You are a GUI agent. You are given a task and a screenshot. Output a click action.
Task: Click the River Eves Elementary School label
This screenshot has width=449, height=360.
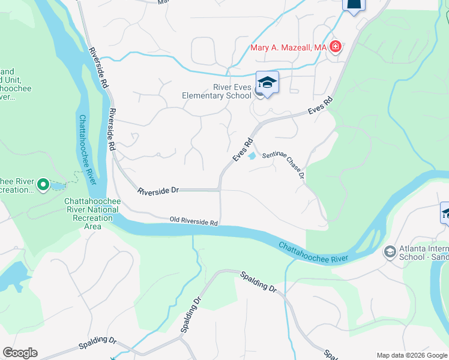pyautogui.click(x=217, y=91)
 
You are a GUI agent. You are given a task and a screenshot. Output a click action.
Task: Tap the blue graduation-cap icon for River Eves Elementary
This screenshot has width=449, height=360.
pyautogui.click(x=267, y=83)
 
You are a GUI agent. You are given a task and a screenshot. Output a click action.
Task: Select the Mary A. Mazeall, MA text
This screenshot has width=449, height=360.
pyautogui.click(x=288, y=47)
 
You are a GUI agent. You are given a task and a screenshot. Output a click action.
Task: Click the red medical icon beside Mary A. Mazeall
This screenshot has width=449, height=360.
pyautogui.click(x=335, y=47)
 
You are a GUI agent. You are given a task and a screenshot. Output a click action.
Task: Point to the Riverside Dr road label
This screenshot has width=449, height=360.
pyautogui.click(x=158, y=191)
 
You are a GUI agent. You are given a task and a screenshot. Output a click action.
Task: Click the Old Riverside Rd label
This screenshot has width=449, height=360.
pyautogui.click(x=193, y=221)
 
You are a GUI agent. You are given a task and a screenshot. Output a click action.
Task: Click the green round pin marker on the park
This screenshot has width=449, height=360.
pyautogui.click(x=43, y=185)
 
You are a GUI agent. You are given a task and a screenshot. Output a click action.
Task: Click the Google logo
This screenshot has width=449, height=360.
pyautogui.click(x=20, y=353)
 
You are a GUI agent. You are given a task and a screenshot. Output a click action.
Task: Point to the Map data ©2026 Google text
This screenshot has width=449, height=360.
pyautogui.click(x=411, y=355)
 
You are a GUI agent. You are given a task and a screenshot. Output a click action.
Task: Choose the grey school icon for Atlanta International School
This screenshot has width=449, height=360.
pyautogui.click(x=390, y=252)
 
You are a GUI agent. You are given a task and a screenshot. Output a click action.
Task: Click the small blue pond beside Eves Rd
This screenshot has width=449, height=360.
pyautogui.click(x=252, y=156)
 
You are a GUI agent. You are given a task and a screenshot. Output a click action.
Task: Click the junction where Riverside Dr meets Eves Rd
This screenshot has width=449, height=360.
pyautogui.click(x=220, y=190)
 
